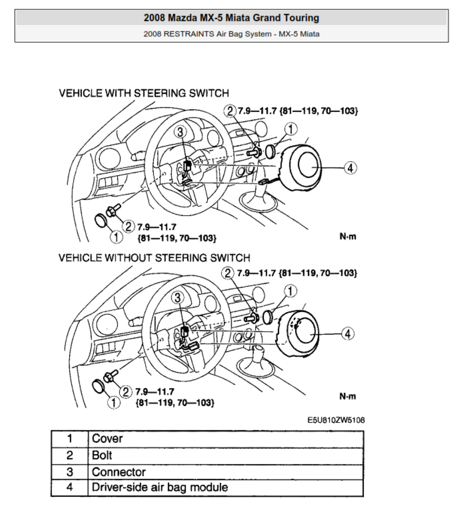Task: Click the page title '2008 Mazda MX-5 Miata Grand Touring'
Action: (231, 18)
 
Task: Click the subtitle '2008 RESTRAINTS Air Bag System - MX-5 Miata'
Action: (231, 34)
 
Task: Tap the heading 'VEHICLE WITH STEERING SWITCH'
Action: (144, 93)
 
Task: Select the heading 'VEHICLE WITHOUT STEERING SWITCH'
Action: (154, 257)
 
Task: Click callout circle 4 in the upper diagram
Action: (350, 168)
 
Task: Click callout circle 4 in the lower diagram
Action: (348, 333)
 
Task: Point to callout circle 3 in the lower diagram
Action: (178, 299)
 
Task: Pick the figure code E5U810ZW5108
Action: (336, 420)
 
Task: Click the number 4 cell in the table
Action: (70, 487)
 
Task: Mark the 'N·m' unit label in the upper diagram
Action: (347, 237)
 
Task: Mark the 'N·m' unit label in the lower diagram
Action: (347, 396)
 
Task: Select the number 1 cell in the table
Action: (70, 438)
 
